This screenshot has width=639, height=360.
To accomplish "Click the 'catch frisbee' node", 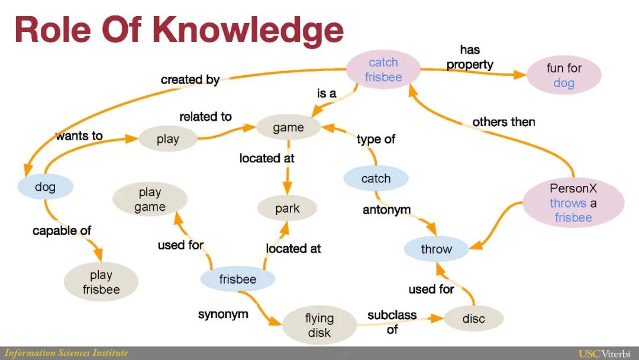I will click(383, 70).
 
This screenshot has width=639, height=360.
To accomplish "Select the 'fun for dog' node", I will click(563, 76).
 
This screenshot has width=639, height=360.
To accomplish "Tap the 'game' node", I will click(288, 127).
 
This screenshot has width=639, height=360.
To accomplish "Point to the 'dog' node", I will click(45, 187).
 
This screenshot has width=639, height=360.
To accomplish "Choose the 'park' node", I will click(287, 208).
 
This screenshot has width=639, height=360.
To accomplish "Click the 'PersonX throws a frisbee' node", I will click(573, 203).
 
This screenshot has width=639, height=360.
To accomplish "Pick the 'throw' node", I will click(436, 249).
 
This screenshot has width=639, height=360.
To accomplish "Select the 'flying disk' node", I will click(319, 326).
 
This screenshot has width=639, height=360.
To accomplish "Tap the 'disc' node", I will click(473, 319).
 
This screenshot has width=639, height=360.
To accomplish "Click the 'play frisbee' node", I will click(101, 282).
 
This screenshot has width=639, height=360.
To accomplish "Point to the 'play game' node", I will click(150, 200).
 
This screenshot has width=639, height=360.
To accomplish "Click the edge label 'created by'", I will click(190, 79).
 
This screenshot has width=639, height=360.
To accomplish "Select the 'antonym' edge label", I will click(386, 210).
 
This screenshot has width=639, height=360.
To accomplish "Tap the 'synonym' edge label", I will click(223, 314).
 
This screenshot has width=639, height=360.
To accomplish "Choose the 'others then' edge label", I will click(504, 122).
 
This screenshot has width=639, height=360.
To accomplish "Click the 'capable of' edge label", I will click(62, 230).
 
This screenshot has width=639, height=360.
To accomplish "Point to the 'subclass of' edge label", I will click(392, 322).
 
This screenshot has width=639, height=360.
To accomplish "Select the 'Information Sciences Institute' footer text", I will click(66, 353).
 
